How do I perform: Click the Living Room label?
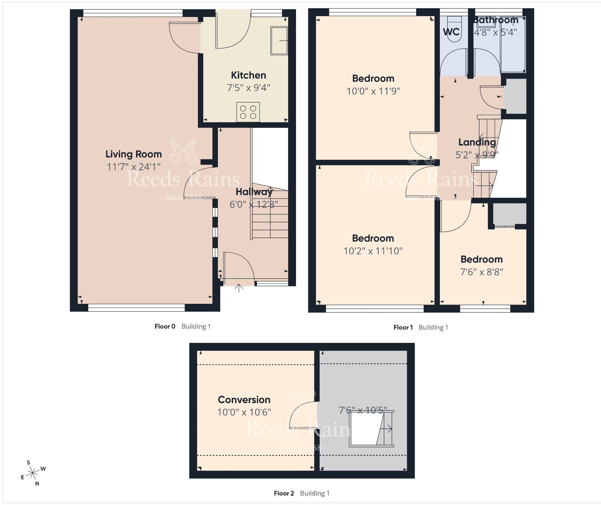133,154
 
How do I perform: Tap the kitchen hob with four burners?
248,112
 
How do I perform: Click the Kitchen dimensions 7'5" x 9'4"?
248,88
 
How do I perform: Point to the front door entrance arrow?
239,288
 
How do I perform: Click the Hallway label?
254,192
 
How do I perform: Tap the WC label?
451,32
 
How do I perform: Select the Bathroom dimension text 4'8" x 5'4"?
495,32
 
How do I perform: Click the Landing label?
477,142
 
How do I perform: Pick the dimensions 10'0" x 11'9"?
373,91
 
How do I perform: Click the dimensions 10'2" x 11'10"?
373,251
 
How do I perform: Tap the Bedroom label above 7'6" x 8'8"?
481,259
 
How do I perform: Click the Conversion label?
244,400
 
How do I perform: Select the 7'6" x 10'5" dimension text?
362,410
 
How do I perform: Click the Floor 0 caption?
165,326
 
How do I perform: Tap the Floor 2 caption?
284,493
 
